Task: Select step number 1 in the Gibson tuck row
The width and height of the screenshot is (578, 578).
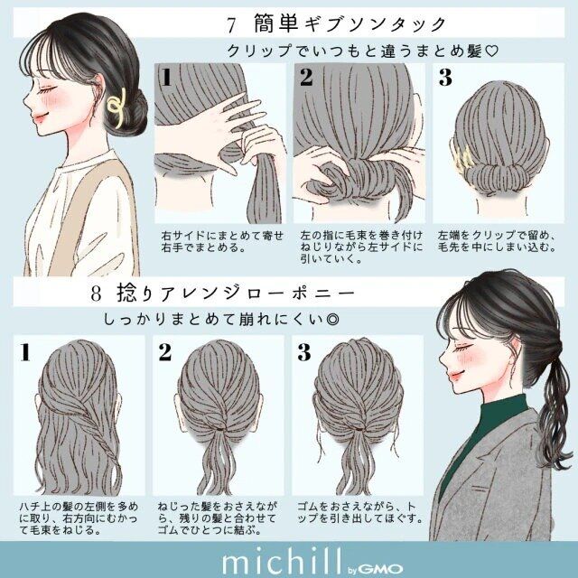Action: click(166, 79)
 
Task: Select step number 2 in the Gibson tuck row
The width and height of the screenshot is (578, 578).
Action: click(306, 79)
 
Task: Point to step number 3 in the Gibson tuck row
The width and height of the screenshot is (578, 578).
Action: click(444, 79)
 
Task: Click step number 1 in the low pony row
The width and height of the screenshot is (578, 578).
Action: click(27, 352)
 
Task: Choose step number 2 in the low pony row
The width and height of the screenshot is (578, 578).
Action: click(165, 352)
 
